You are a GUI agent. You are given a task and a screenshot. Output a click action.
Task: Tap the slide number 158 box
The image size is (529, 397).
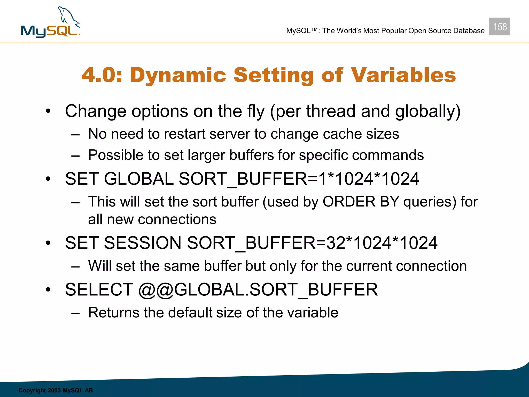[500, 27]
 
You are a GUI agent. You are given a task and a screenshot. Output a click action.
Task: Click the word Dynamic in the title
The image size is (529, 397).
[178, 75]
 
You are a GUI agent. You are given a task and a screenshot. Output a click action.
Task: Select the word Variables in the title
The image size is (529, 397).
[403, 75]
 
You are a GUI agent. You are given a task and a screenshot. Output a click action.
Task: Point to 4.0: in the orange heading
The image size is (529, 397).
[102, 75]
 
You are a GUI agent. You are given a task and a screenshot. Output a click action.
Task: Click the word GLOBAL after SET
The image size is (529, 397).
[138, 179]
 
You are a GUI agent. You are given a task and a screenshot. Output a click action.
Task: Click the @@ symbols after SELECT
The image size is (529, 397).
[156, 290]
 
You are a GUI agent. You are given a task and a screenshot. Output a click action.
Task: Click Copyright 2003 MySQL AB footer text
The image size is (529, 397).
[56, 390]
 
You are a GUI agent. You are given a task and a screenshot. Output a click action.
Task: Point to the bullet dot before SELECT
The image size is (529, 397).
[48, 290]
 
